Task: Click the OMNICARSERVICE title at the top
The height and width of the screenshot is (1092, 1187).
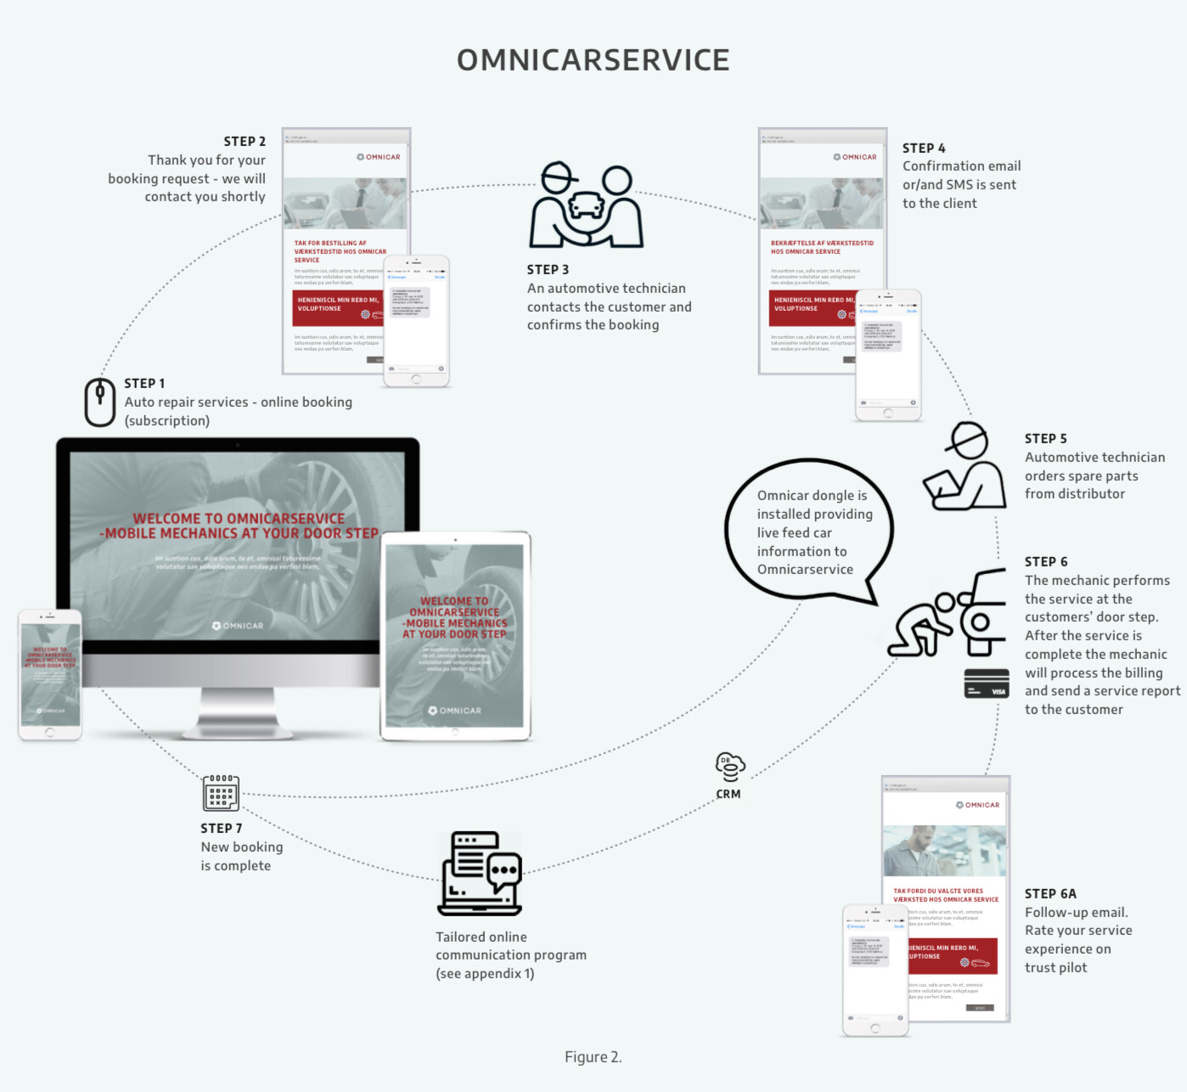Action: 593,60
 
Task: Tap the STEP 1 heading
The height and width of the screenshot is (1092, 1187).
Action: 144,384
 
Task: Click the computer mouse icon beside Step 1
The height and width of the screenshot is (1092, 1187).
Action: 99,402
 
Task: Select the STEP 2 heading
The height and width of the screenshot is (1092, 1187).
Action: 245,142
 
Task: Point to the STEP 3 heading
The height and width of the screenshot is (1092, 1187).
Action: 548,270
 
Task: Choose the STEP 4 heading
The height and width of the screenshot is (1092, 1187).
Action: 924,149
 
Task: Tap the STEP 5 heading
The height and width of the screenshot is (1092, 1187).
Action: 1045,439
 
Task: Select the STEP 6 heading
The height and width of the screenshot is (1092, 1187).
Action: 1046,562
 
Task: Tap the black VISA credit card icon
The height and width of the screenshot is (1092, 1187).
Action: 986,684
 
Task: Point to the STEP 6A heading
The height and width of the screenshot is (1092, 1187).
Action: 1050,894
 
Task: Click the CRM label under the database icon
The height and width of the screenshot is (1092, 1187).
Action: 728,795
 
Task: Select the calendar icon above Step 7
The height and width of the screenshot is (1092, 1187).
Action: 221,793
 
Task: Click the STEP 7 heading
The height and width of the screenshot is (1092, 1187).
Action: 222,829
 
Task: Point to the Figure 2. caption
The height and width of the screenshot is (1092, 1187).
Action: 593,1057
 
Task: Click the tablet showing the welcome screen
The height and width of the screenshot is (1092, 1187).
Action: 455,636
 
